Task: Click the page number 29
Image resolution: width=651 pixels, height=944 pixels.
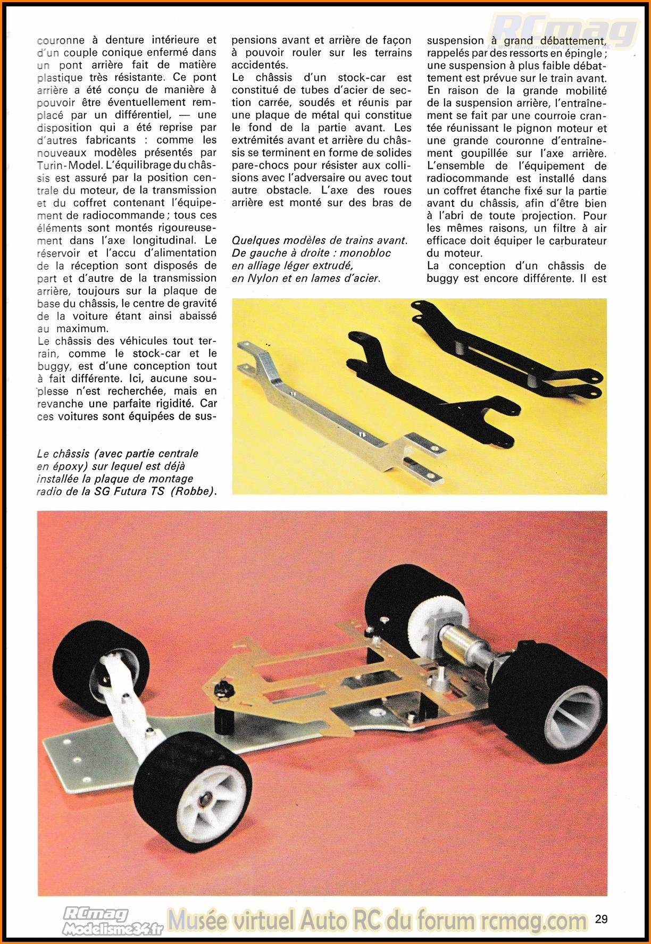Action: tap(601, 918)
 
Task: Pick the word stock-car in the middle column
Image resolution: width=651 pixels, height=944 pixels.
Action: tap(361, 78)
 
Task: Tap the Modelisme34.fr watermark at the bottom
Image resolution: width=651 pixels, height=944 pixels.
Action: tap(112, 929)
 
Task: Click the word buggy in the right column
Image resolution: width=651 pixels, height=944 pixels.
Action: tap(442, 278)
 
